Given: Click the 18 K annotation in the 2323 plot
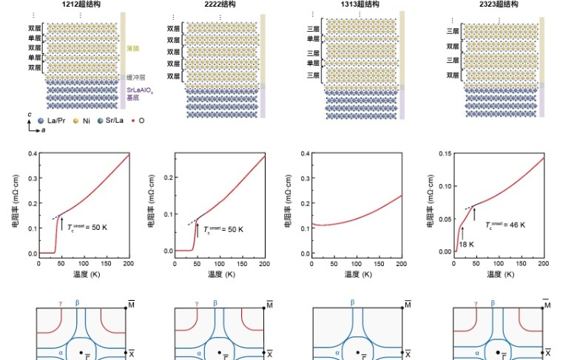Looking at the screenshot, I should (x=465, y=243).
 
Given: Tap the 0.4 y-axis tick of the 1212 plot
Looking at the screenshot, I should (x=31, y=154).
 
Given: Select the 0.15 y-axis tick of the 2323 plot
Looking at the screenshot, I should (x=445, y=154).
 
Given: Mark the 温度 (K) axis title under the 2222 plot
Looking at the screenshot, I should (x=220, y=274).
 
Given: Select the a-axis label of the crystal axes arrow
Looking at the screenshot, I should (x=41, y=130).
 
